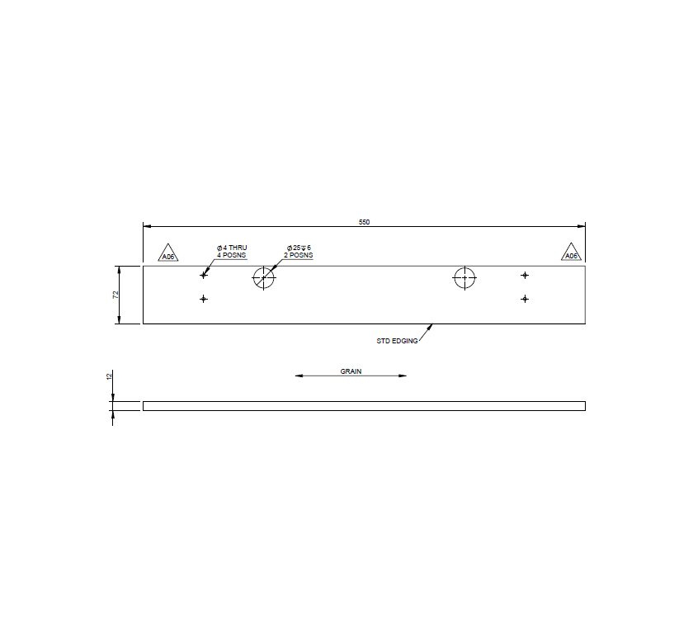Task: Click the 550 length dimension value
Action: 364,222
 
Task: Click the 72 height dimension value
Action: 116,295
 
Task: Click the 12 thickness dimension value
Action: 109,376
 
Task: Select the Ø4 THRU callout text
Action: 232,248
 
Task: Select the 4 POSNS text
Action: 232,256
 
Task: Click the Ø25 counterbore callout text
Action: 299,248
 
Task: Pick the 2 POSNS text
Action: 299,256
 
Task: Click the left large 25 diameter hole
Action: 263,278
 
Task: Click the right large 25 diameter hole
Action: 464,278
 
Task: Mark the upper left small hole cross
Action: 203,275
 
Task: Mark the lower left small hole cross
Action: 203,299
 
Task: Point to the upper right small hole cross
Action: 525,275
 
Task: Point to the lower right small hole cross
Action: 525,299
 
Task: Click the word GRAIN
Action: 351,371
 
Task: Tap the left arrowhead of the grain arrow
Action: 299,376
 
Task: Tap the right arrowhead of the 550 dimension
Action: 582,225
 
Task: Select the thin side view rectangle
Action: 364,406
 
